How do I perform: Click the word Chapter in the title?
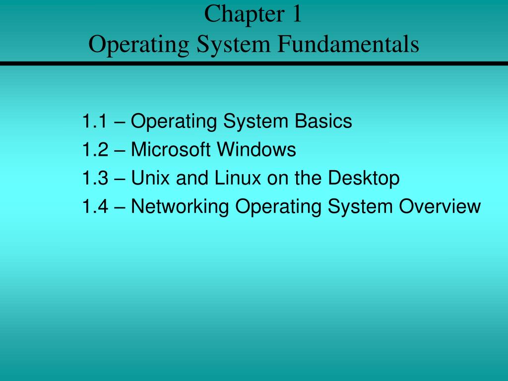click(x=241, y=15)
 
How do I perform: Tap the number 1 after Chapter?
click(x=297, y=15)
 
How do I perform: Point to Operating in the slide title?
click(x=139, y=45)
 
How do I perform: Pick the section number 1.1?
click(x=95, y=121)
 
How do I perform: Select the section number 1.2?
click(x=95, y=149)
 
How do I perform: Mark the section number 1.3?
click(x=95, y=178)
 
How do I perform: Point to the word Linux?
click(x=233, y=178)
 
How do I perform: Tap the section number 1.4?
click(x=95, y=206)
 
